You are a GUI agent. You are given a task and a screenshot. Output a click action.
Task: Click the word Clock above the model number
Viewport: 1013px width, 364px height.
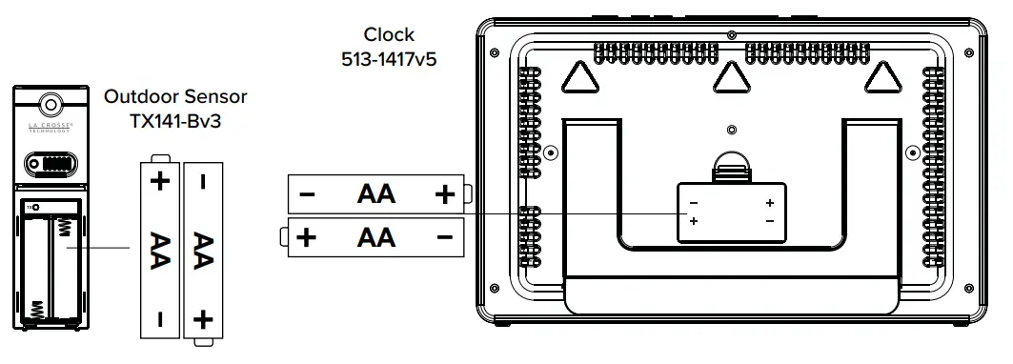click(389, 35)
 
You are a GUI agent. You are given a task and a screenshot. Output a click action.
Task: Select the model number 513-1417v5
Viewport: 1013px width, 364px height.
click(389, 58)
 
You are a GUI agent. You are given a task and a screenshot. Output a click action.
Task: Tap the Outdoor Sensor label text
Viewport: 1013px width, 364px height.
click(175, 96)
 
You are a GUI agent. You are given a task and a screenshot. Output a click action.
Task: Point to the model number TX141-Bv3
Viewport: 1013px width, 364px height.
click(175, 120)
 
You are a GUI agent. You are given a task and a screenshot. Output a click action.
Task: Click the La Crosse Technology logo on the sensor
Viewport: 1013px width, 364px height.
click(50, 130)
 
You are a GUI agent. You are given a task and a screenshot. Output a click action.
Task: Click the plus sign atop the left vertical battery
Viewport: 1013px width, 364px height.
click(159, 180)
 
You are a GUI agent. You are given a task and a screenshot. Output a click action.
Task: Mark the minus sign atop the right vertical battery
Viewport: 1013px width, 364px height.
click(202, 179)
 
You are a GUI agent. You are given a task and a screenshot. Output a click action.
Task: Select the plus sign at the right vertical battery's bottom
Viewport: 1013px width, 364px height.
click(202, 318)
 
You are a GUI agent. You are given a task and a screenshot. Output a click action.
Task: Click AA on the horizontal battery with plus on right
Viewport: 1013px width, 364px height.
click(375, 194)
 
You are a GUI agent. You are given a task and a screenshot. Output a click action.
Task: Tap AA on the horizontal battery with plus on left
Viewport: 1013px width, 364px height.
click(375, 236)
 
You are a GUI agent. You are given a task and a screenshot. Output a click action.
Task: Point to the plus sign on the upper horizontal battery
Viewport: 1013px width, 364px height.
click(444, 194)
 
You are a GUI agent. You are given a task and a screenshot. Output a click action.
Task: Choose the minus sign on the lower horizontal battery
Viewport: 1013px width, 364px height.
click(444, 236)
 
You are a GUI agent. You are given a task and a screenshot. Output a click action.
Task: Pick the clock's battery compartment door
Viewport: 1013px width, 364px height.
click(731, 212)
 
